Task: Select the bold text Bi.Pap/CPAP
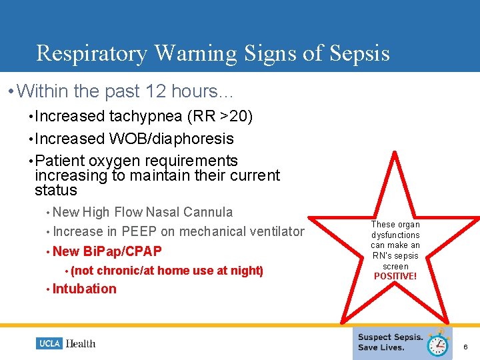122,251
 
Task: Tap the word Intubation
84,289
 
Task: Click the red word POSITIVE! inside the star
395,276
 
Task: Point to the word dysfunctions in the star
395,235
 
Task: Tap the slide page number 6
465,347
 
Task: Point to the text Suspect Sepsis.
390,337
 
